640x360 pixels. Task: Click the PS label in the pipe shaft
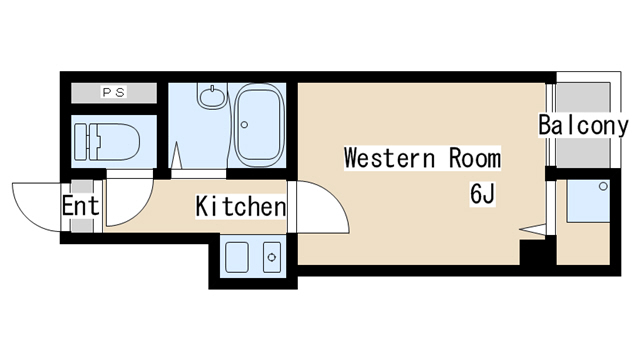point(114,93)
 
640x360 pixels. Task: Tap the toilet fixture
point(107,142)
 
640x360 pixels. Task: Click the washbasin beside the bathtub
point(212,96)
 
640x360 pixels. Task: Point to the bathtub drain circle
point(244,124)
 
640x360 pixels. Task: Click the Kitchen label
point(241,207)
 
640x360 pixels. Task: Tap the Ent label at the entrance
point(80,205)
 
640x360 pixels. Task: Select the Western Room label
point(422,158)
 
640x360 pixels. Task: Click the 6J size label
point(482,194)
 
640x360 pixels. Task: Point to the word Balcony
point(583,126)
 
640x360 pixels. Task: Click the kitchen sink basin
point(237,257)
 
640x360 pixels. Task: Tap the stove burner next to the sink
point(272,257)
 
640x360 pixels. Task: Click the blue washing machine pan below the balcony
point(588,201)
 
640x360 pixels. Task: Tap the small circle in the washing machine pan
point(603,187)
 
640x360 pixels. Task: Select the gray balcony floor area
point(583,124)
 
